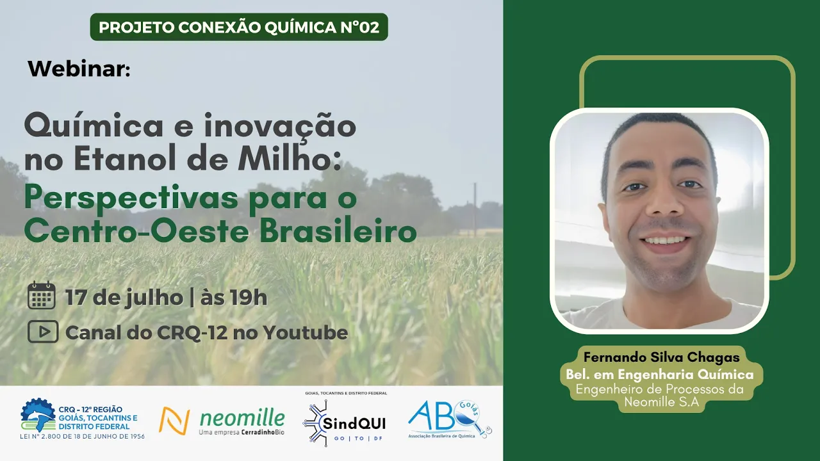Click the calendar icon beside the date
point(42,296)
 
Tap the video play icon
point(43,332)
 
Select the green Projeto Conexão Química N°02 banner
point(239,27)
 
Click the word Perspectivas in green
point(131,198)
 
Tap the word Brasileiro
point(338,232)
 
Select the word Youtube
point(306,332)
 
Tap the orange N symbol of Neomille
point(174,421)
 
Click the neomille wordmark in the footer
point(242,418)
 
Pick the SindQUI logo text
point(354,424)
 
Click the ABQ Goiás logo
point(450,419)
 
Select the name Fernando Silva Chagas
point(662,357)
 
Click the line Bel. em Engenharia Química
point(660,375)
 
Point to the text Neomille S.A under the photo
point(662,402)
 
